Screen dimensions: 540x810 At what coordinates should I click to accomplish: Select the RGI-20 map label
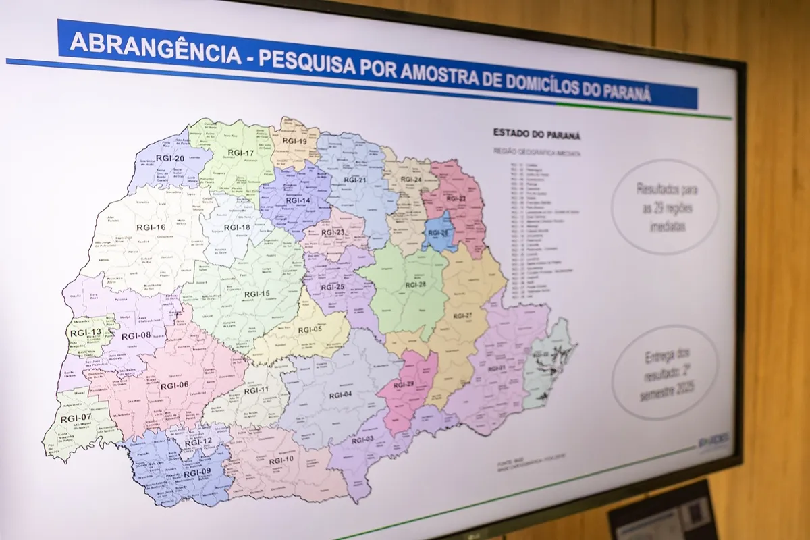(170, 159)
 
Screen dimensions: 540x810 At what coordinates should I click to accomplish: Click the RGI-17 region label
(241, 153)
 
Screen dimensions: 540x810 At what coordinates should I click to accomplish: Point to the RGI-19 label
(295, 142)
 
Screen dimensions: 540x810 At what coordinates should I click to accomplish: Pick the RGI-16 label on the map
(151, 227)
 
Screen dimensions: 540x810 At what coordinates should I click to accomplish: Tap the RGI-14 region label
(298, 200)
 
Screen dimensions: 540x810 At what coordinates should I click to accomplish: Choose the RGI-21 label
(355, 180)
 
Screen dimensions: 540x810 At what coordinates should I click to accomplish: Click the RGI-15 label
(256, 294)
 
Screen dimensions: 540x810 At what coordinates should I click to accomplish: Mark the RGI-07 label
(76, 418)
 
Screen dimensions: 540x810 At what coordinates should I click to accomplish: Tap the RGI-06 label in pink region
(174, 385)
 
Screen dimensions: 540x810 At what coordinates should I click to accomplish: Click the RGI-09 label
(197, 473)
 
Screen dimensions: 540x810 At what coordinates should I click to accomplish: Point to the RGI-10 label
(281, 460)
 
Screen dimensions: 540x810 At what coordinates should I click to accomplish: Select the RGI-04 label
(340, 394)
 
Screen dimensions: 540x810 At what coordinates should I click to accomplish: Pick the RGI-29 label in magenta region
(404, 384)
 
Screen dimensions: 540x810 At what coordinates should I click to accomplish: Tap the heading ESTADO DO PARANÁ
(537, 134)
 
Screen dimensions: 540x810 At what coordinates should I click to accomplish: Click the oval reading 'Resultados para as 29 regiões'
(665, 207)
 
